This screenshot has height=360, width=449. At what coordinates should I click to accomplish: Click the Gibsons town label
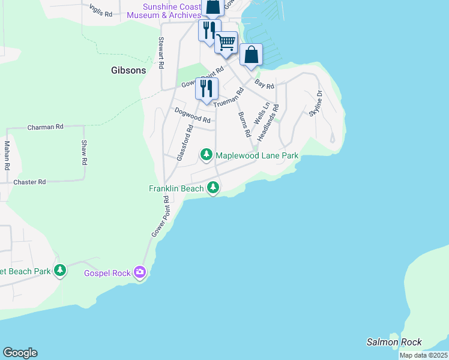click(128, 70)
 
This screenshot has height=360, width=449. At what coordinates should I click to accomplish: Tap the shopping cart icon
click(226, 43)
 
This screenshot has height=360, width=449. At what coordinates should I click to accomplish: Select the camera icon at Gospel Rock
click(140, 273)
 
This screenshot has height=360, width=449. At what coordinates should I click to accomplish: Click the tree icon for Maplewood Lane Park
click(206, 155)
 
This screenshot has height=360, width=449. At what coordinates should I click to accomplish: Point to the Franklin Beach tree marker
click(212, 188)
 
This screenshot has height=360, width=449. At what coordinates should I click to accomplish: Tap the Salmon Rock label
click(394, 342)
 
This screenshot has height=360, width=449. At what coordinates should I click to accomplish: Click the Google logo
click(20, 353)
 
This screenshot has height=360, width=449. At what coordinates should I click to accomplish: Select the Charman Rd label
click(46, 127)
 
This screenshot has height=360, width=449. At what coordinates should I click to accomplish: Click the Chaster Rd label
click(29, 182)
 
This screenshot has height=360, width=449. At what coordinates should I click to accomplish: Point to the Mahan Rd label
click(7, 155)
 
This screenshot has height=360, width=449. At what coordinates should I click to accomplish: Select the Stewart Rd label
click(161, 53)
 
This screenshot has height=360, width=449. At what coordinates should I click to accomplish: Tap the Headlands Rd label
click(268, 123)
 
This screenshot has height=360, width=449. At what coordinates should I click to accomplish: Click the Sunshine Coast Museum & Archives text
click(172, 11)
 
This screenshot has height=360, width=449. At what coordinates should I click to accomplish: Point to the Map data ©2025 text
click(423, 355)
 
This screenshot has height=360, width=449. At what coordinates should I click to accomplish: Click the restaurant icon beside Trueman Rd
click(206, 89)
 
